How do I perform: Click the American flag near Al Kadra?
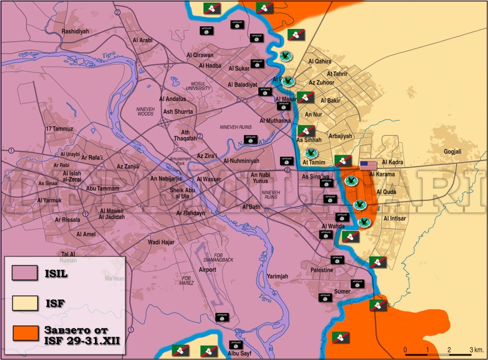click(368, 165)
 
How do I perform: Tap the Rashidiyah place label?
click(75, 31)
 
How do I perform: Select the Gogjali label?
click(453, 151)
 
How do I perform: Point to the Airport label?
click(207, 270)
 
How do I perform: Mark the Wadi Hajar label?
click(161, 242)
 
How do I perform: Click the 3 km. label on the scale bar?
click(477, 350)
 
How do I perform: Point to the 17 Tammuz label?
click(60, 129)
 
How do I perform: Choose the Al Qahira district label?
click(320, 61)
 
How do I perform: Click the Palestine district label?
click(322, 270)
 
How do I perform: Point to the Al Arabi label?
click(142, 40)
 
